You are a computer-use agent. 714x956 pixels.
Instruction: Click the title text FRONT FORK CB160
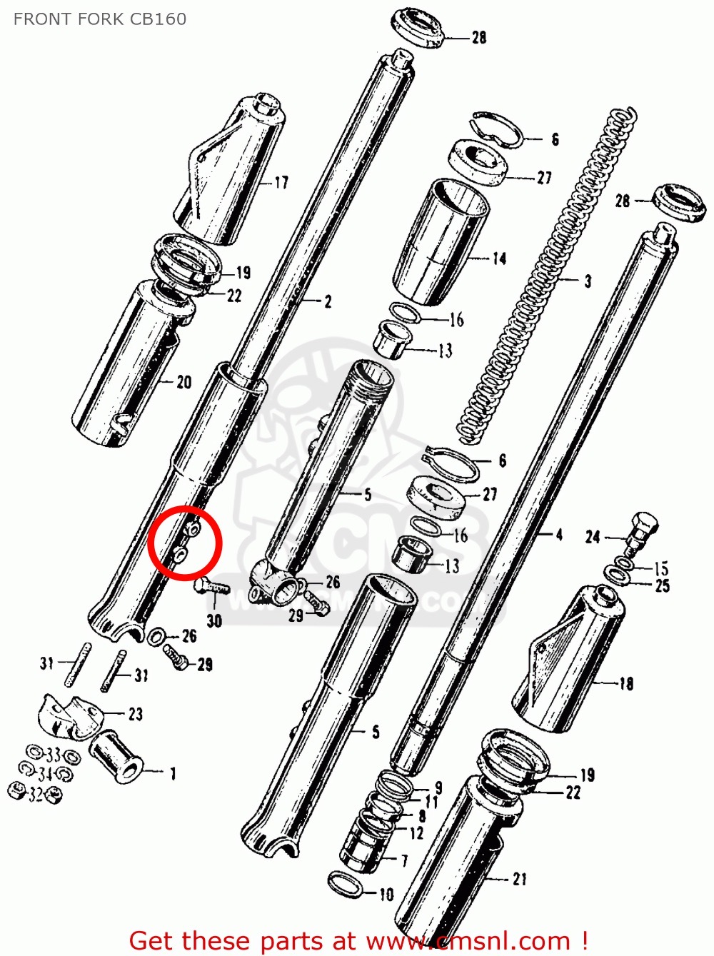(99, 19)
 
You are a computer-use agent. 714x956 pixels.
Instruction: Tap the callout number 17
(281, 183)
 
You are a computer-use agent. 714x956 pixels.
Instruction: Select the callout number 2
(328, 302)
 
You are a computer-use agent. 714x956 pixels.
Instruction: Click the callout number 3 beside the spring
(588, 281)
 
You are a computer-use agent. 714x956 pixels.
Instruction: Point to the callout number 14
(499, 258)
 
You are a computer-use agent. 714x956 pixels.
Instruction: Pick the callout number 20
(184, 383)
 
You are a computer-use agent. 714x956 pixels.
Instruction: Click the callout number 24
(593, 536)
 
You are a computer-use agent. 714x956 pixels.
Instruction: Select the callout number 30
(214, 621)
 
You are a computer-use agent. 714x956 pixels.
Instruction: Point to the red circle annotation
(186, 541)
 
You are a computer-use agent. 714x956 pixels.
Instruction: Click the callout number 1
(172, 773)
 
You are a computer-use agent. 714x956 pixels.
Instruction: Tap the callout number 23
(135, 713)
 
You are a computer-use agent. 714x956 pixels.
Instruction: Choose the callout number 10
(386, 895)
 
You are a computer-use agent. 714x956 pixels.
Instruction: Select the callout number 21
(519, 880)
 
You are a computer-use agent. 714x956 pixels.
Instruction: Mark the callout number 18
(626, 684)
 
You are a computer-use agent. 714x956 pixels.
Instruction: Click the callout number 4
(559, 534)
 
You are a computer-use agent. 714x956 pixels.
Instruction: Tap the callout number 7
(405, 862)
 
